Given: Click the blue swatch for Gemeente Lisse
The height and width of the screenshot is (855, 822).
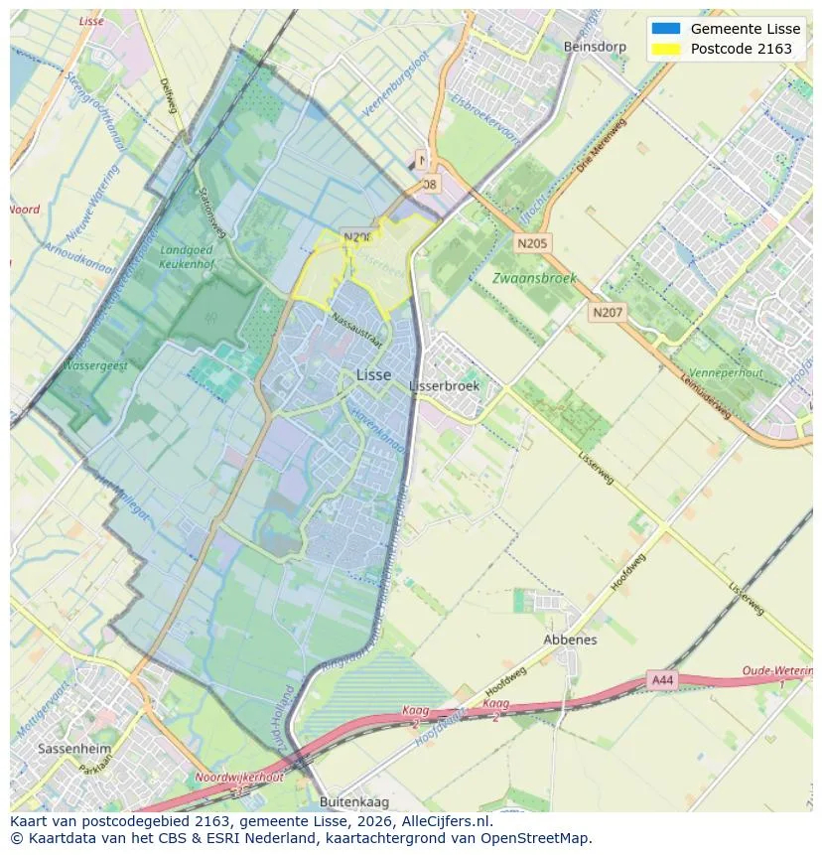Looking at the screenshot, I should pyautogui.click(x=666, y=29).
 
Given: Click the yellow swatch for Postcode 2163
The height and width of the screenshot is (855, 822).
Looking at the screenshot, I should pyautogui.click(x=666, y=49).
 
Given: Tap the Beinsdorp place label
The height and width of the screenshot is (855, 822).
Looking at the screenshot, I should pyautogui.click(x=595, y=47).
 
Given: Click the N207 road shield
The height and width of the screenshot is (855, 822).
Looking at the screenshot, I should pyautogui.click(x=607, y=312).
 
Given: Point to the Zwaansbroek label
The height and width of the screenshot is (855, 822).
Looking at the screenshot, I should pyautogui.click(x=534, y=279).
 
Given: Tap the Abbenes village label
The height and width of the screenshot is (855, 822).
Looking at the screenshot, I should pyautogui.click(x=570, y=640).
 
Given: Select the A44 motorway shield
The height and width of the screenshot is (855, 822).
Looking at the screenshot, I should pyautogui.click(x=661, y=680).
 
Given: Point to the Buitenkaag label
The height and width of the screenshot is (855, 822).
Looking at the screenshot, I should pyautogui.click(x=354, y=801).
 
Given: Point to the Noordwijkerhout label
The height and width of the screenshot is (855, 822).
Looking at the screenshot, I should pyautogui.click(x=239, y=778).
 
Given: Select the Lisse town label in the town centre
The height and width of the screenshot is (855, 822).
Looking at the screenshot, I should pyautogui.click(x=373, y=375).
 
